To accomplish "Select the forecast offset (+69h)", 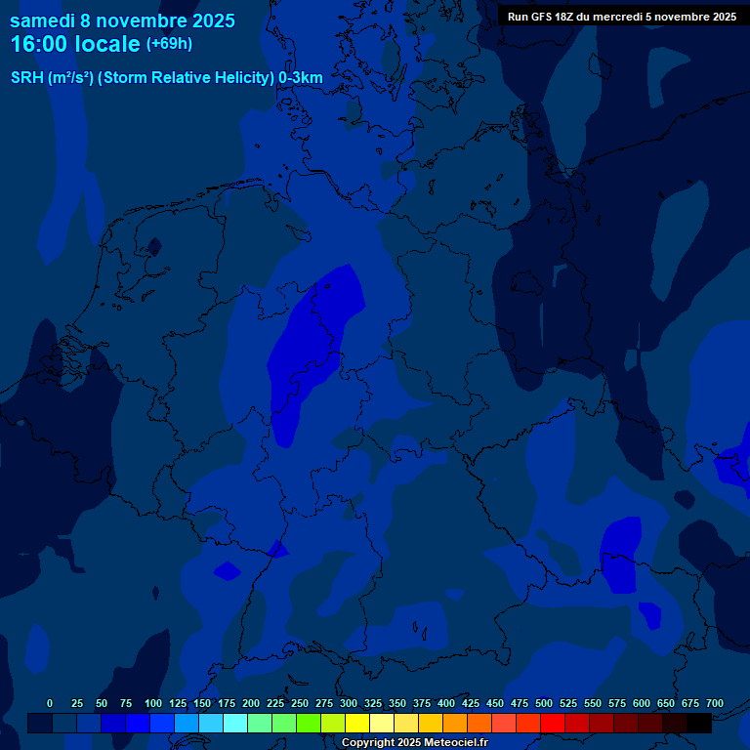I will (x=169, y=44).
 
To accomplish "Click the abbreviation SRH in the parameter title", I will (x=26, y=78).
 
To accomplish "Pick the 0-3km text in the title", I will (x=301, y=78).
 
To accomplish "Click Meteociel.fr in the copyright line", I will (x=449, y=743).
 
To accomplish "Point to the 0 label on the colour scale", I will (x=50, y=703).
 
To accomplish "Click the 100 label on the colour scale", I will (x=153, y=703).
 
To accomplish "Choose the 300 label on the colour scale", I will (x=349, y=703).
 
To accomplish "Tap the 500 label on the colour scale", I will (x=544, y=703).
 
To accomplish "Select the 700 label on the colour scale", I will (x=715, y=703).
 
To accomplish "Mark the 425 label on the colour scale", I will (x=471, y=703).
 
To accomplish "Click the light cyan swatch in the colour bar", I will (x=235, y=724).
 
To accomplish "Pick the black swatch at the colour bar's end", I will (x=699, y=724).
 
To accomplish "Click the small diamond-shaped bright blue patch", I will (x=228, y=570).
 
